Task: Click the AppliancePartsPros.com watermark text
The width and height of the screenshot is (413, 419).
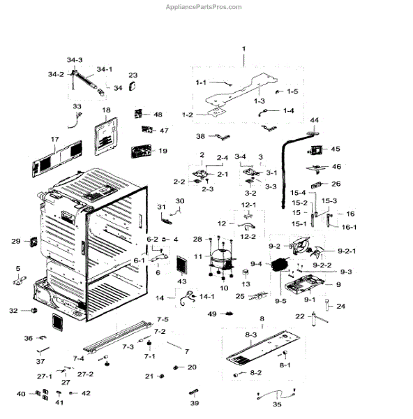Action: pos(204,7)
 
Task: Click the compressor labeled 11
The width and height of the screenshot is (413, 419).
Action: pos(221,258)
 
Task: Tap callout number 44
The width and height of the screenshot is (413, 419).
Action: pos(314,120)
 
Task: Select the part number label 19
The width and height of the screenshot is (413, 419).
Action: pos(163,151)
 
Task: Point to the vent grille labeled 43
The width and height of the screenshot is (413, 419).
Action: pos(182,265)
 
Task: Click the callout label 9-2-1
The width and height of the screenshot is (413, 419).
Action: pos(347,251)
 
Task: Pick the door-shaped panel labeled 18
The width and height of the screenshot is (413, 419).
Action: pos(106,136)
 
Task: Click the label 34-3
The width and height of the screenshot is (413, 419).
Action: pos(75,60)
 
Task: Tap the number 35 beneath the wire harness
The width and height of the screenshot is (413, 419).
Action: pos(277,404)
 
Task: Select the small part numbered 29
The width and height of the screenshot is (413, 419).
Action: pos(34,242)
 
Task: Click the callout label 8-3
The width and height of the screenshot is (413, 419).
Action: pos(250,335)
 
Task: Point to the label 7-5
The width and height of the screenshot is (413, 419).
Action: pos(163,319)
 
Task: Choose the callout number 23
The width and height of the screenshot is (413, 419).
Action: pos(133,75)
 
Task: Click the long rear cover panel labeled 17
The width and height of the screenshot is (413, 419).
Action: pos(57,159)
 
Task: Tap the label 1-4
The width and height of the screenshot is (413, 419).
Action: pos(289,110)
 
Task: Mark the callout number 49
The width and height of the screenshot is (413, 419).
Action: pos(212,314)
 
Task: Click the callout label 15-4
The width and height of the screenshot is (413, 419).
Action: pos(298,193)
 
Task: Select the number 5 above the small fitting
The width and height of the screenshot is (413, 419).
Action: pos(18,269)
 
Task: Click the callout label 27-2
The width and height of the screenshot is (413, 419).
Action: pos(85,374)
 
